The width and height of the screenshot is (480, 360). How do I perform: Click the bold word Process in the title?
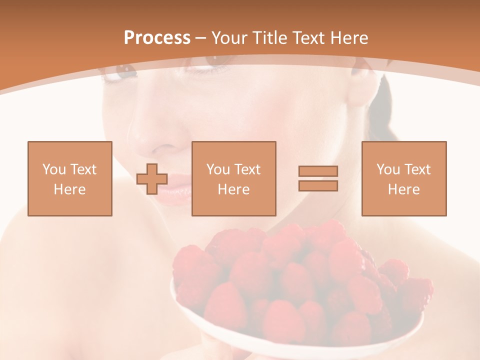[157, 38]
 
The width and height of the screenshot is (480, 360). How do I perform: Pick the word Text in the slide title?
[308, 38]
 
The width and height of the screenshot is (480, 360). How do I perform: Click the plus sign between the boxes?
[152, 179]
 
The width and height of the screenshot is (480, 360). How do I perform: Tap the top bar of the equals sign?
[318, 171]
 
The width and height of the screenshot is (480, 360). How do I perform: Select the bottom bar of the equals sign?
[318, 185]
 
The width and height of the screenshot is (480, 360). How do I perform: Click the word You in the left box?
[53, 169]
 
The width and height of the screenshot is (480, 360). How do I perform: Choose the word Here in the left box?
[69, 189]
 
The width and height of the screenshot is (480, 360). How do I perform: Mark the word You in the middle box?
[218, 169]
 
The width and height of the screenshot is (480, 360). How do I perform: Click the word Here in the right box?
[403, 189]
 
